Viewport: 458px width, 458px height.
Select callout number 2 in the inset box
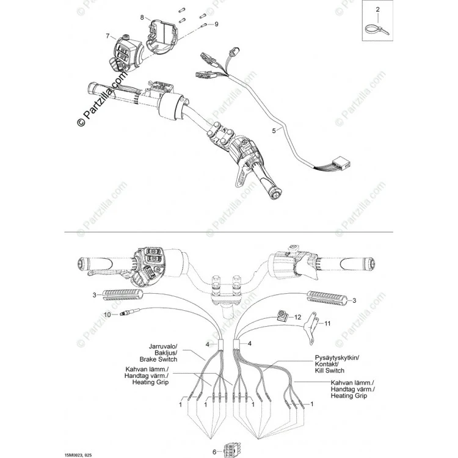[x=377, y=10]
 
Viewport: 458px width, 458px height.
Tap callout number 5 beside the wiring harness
[x=274, y=131]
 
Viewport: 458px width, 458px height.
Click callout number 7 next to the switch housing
[x=107, y=36]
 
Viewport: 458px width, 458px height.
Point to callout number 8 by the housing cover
[x=142, y=17]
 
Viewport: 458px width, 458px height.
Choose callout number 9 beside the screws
[x=216, y=24]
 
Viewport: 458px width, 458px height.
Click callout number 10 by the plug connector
[x=107, y=314]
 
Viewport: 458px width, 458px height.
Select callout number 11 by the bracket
[x=327, y=323]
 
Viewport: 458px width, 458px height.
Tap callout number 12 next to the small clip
[x=297, y=317]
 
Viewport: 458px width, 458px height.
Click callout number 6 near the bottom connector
[x=214, y=452]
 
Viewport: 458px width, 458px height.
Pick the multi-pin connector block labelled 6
[x=231, y=450]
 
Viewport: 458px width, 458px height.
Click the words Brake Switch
[x=158, y=359]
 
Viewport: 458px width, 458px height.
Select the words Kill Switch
[x=330, y=371]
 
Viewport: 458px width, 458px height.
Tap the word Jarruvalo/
[x=163, y=346]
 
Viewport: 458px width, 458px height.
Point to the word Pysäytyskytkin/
[x=337, y=357]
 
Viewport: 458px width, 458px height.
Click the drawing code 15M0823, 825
[x=76, y=455]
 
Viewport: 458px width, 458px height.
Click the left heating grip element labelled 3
[x=122, y=296]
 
